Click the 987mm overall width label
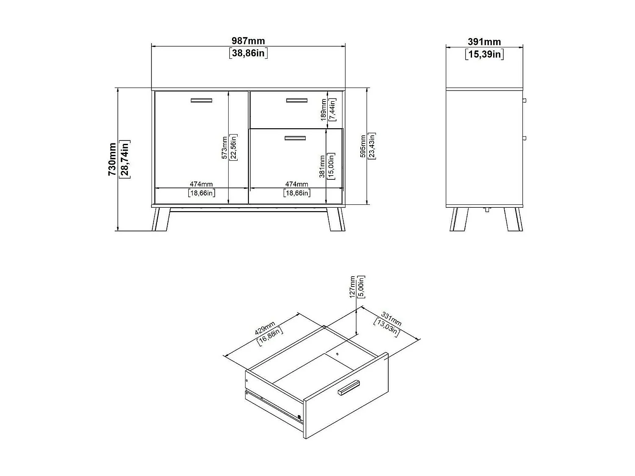[x=248, y=41]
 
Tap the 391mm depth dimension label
[x=484, y=42]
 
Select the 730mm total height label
[x=112, y=159]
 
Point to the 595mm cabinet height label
[x=363, y=146]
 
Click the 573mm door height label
[x=225, y=147]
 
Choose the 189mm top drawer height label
[x=324, y=110]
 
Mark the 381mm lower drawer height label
[x=322, y=167]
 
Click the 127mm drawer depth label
[x=353, y=287]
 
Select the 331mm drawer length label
[x=391, y=319]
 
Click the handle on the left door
[x=201, y=100]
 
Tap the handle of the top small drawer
[x=296, y=100]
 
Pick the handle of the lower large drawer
[x=295, y=138]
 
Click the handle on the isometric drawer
[x=348, y=387]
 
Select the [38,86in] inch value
[x=248, y=53]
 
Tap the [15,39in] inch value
[x=484, y=54]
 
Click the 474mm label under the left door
[x=201, y=184]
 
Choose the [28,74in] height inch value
[x=125, y=159]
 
